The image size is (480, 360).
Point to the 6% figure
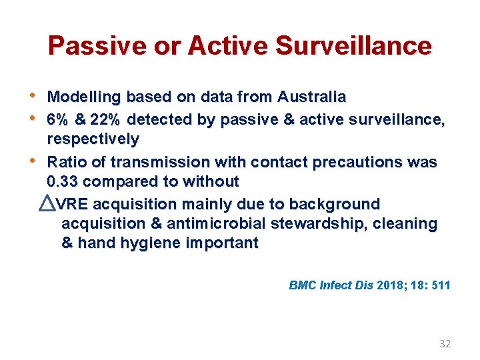tap(58, 120)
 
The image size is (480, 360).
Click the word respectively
tap(93, 139)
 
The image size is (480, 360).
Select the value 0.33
tap(63, 181)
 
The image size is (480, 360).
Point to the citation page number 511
tap(441, 285)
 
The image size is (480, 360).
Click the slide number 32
tap(445, 344)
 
